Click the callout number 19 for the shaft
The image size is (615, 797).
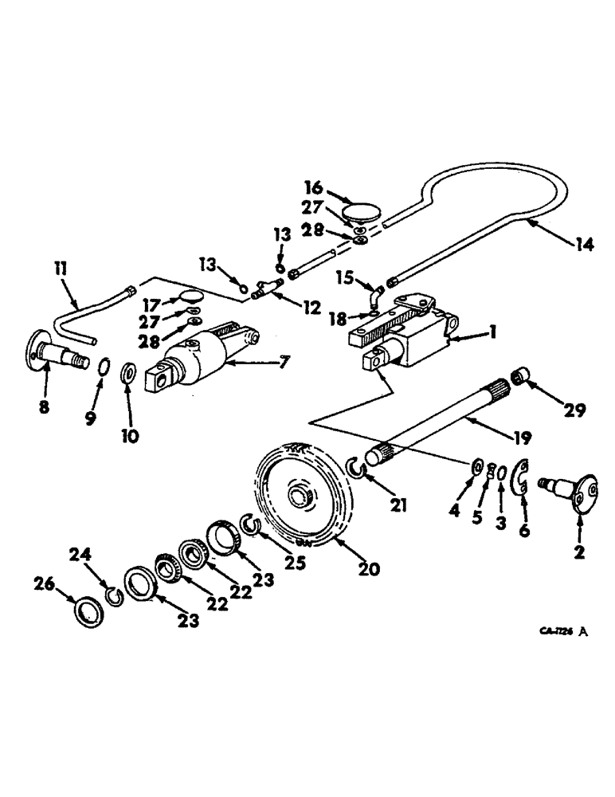coord(523,438)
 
